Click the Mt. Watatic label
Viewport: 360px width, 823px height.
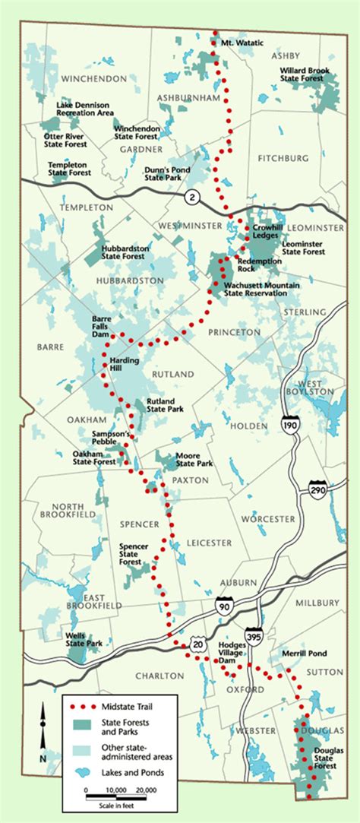click(238, 42)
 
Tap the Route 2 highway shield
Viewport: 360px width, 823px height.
click(191, 197)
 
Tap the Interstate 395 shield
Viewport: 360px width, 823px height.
click(253, 635)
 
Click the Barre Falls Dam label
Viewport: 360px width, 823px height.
click(101, 323)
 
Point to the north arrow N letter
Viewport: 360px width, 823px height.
click(44, 758)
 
